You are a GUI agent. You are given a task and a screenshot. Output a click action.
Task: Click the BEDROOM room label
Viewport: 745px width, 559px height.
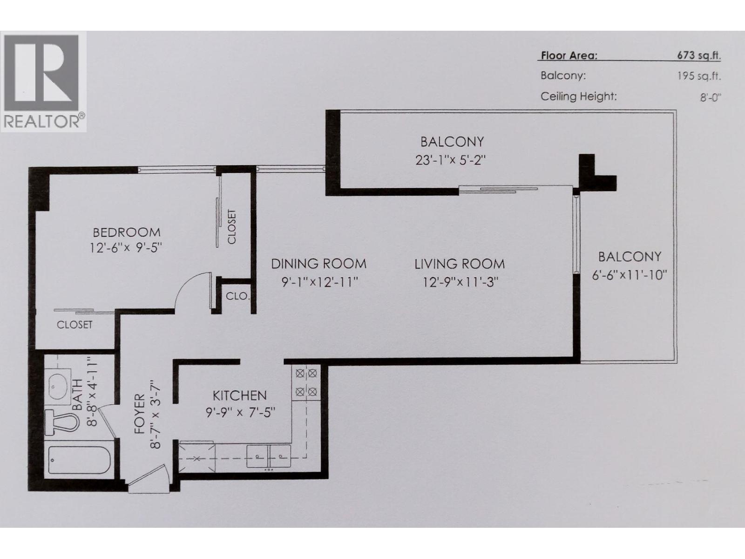126,232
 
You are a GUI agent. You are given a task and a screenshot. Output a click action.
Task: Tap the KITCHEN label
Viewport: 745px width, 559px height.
239,395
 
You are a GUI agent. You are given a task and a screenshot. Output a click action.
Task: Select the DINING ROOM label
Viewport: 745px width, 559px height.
318,264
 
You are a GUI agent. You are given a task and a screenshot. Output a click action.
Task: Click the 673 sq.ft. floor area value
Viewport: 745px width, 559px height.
699,56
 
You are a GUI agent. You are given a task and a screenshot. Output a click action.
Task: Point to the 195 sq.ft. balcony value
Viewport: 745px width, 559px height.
699,76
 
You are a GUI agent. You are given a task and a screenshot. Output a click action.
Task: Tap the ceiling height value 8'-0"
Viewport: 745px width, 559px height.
710,98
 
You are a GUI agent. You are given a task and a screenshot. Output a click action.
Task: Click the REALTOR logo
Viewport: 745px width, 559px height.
43,82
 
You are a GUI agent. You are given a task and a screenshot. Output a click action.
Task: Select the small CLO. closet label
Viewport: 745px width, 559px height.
237,296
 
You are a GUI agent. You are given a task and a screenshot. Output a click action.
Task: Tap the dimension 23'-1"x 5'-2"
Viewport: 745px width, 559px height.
451,160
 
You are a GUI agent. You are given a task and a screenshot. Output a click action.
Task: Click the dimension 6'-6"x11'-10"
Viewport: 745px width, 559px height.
630,275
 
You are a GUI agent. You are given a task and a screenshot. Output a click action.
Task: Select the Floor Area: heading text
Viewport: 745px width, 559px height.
569,56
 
